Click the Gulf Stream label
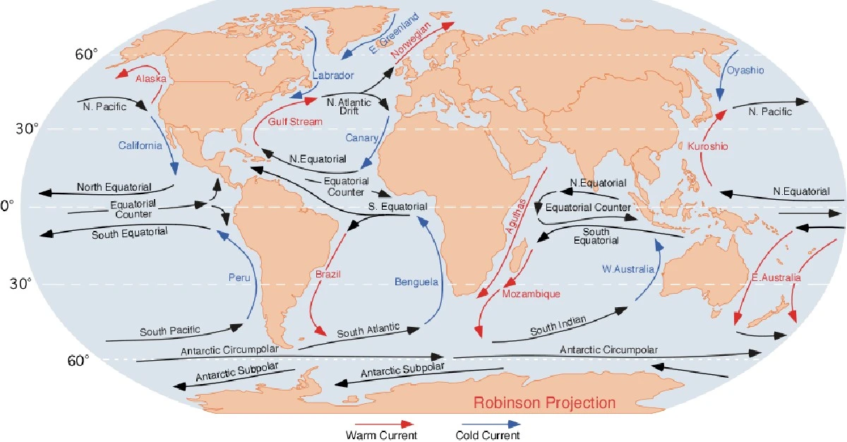pos(295,121)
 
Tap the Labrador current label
pos(333,75)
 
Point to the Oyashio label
pos(745,71)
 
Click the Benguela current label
pos(416,282)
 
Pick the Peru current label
pos(239,277)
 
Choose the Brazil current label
pos(326,273)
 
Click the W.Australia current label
pos(628,268)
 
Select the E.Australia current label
pos(776,278)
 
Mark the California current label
pos(140,145)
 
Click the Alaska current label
pos(150,79)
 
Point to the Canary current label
pos(362,138)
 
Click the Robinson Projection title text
pos(544,403)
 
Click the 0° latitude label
pos(6,206)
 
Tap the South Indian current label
pos(558,327)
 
